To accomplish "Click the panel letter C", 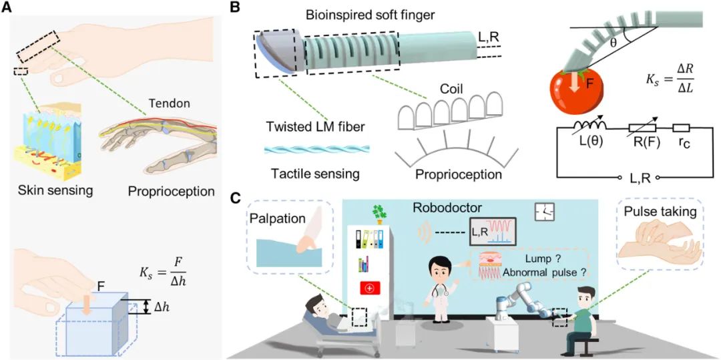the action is click(235, 198).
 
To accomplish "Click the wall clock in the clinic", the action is click(545, 212).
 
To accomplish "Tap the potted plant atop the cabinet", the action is click(379, 214).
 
